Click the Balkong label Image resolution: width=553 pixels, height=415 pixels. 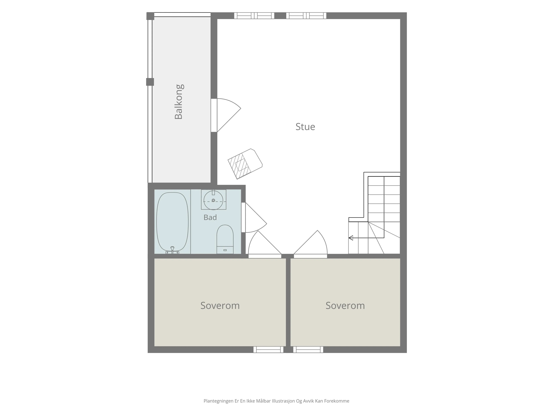[179, 102]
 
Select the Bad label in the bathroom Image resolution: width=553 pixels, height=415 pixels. [210, 217]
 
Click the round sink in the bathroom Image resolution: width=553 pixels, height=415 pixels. [213, 200]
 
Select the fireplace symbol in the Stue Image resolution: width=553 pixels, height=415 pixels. [245, 164]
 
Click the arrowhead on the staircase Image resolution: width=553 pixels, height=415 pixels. [351, 238]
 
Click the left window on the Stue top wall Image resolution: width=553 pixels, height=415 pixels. [254, 15]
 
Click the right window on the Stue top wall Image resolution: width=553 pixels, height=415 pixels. [306, 15]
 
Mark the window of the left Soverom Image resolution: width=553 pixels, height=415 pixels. [268, 349]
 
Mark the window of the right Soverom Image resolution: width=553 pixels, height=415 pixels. [308, 349]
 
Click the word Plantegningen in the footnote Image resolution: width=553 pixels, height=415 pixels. [218, 401]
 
